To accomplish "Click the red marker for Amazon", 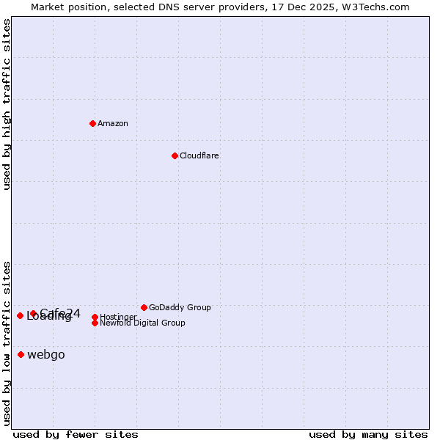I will point(92,123).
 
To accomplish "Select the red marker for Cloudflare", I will point(175,155).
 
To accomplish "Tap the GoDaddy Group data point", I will point(144,307).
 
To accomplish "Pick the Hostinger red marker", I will point(95,317).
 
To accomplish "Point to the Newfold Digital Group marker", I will point(95,323).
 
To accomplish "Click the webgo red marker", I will point(21,355).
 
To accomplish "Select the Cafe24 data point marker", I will point(33,313).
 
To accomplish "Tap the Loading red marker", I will point(20,315).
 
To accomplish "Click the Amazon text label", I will point(113,123).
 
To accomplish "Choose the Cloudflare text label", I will point(199,155).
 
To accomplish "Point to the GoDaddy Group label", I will point(180,307).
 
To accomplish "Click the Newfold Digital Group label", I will point(143,323).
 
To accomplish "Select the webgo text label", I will point(46,355).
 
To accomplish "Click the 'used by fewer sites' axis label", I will point(76,434).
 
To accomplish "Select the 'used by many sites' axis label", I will point(368,434).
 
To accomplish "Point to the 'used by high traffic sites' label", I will point(7,104).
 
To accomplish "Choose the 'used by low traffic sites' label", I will point(7,342).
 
